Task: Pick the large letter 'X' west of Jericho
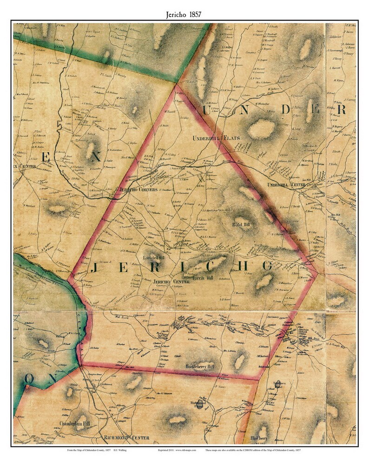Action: click(x=96, y=157)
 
